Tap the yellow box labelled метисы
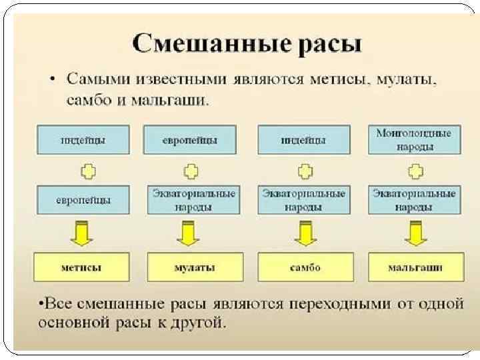[81, 267]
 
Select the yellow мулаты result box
[194, 267]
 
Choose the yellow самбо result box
[305, 267]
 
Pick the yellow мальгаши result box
[415, 267]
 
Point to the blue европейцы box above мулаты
[190, 141]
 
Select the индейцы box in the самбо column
[303, 141]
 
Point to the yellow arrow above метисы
[81, 233]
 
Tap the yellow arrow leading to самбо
[305, 233]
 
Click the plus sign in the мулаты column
[191, 171]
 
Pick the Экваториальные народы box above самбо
[304, 199]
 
